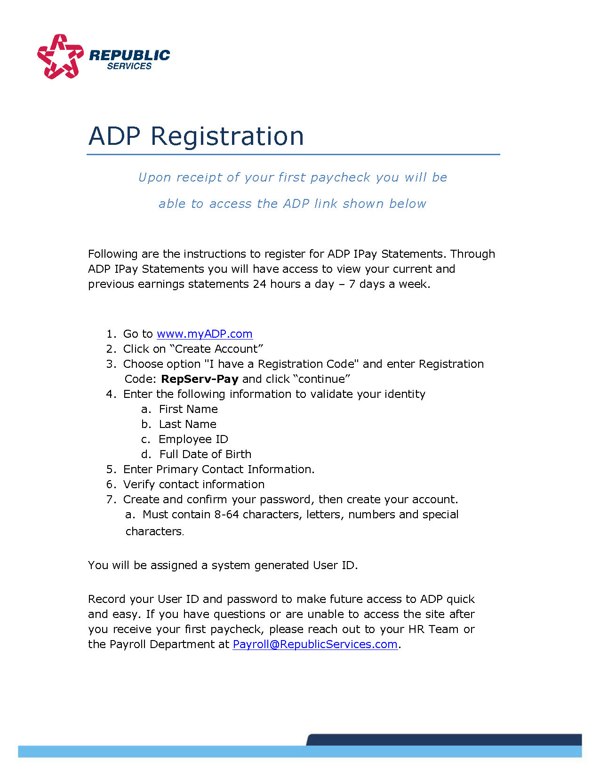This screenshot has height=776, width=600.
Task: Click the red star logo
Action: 60,56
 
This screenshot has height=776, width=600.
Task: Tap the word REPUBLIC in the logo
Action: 129,55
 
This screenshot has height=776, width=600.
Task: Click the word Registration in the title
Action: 227,136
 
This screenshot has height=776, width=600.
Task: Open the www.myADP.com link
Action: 204,334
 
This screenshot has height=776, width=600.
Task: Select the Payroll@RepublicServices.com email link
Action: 315,644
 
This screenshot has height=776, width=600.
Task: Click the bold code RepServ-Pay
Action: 200,379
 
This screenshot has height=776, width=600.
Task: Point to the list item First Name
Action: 188,409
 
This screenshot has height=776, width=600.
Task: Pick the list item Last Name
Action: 187,424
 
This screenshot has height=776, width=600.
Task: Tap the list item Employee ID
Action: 193,439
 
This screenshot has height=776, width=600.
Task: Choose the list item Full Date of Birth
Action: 205,454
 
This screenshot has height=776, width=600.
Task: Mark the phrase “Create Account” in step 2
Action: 216,349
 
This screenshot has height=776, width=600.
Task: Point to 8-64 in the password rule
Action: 226,515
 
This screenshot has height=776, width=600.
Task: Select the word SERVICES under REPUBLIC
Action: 129,66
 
